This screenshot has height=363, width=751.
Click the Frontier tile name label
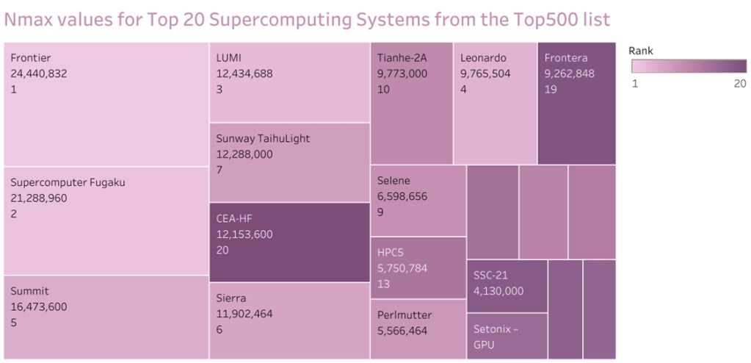coord(31,57)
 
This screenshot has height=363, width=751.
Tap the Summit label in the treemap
coord(29,291)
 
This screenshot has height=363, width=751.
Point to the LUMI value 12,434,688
coord(244,73)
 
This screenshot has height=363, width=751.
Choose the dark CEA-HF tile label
coord(235,218)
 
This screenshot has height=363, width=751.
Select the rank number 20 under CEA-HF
coord(222,251)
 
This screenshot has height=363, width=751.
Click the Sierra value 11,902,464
coord(244,314)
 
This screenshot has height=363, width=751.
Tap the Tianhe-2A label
coord(402,57)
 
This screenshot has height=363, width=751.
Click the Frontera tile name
coord(567,57)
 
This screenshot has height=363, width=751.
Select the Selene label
coord(393,181)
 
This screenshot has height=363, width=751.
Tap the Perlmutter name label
coord(404,315)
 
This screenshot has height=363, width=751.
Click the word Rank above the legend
coord(641,51)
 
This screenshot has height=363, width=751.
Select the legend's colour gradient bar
coord(689,66)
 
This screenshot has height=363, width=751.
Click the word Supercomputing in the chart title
coord(266,19)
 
